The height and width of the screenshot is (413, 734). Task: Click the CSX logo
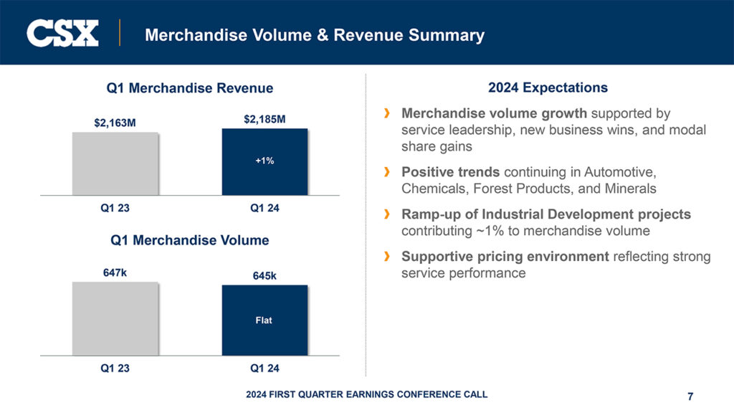pos(62,33)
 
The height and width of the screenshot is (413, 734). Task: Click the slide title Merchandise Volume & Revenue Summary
pos(314,34)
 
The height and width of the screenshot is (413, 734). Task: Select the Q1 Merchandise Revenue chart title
pos(189,88)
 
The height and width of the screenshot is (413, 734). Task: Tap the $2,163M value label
pos(115,123)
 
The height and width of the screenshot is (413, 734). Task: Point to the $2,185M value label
pos(264,118)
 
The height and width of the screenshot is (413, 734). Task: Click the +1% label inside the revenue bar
pos(264,161)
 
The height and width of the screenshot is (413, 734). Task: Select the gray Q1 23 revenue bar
pos(115,163)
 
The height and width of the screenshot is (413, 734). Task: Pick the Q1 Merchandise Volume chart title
pos(189,240)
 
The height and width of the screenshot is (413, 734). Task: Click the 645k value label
pos(264,275)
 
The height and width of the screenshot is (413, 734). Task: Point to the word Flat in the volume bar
pos(264,321)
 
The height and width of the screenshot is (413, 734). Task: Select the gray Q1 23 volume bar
pos(115,318)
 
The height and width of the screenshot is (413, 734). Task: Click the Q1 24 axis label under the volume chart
pos(264,369)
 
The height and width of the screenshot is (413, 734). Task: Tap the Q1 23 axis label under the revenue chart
pos(115,209)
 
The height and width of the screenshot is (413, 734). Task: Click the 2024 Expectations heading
pos(548,88)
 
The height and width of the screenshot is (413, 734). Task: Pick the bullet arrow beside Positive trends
pos(387,172)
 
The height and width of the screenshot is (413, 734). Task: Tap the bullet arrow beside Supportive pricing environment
pos(387,256)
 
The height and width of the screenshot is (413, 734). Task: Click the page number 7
pos(690,397)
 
